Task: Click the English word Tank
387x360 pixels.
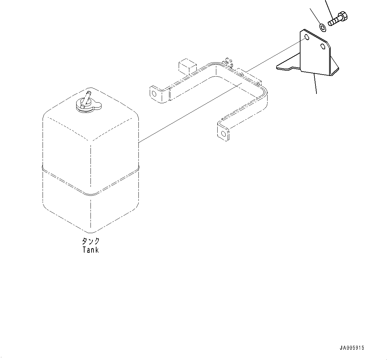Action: click(91, 250)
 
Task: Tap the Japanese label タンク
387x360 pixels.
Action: click(91, 241)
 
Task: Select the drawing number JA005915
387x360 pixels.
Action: click(352, 348)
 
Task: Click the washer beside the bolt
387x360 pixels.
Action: click(322, 27)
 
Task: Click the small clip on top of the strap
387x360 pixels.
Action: click(228, 61)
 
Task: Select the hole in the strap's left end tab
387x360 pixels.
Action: click(154, 93)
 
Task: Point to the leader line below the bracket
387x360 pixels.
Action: click(315, 83)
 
